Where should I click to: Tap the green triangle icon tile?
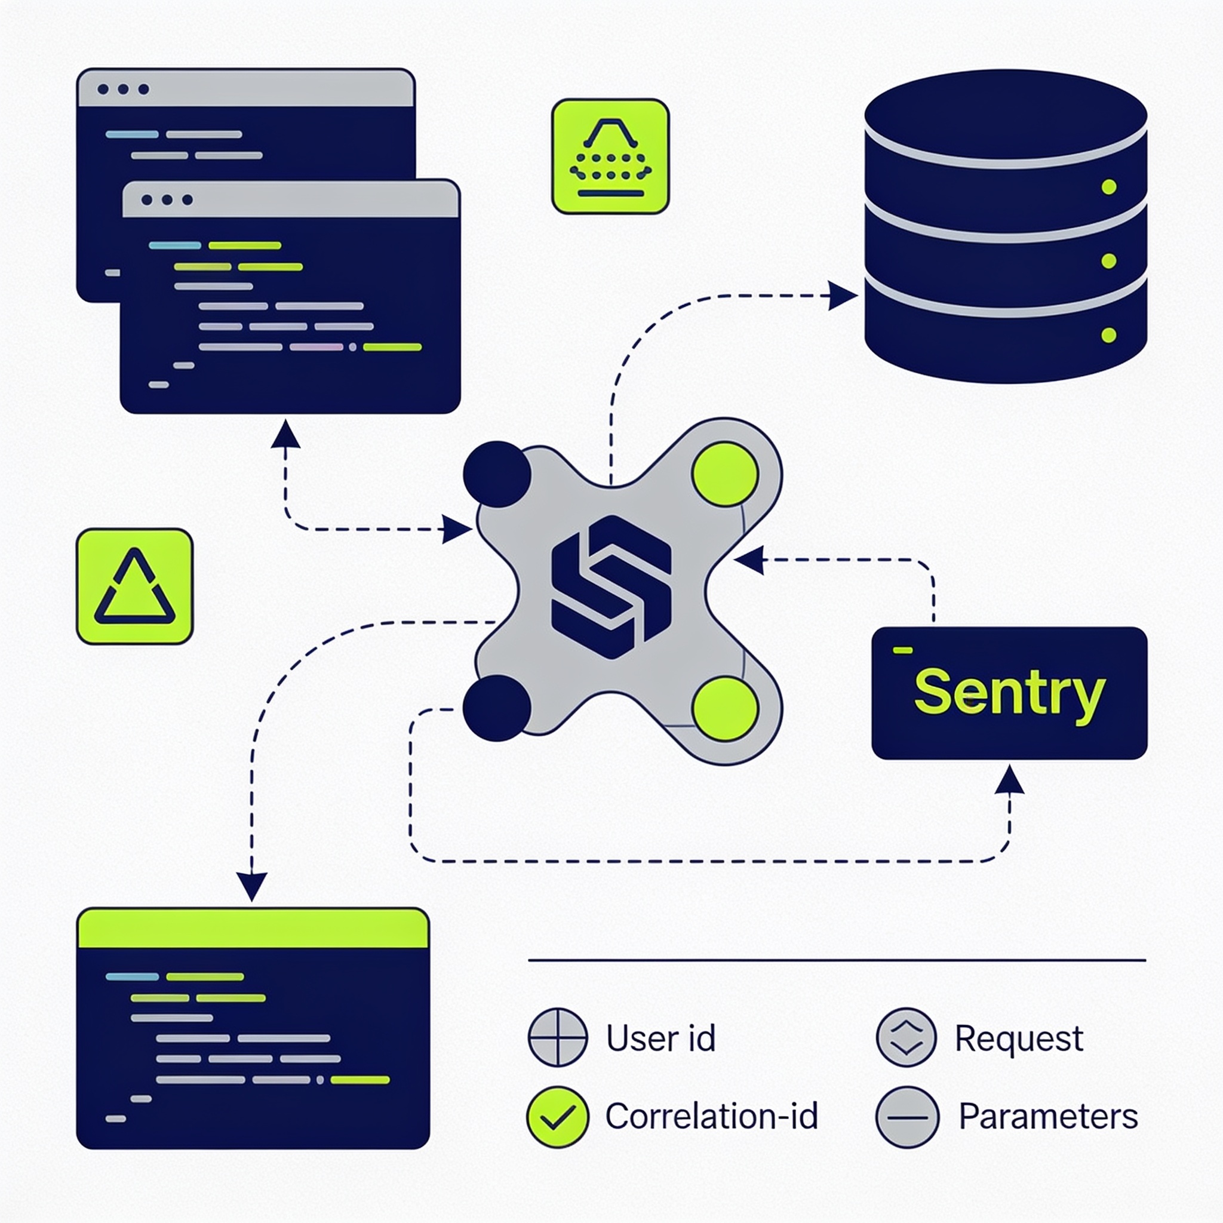(135, 586)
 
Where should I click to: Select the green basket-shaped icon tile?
(610, 156)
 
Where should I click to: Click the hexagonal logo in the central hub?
(611, 587)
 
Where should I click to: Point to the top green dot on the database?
(1108, 187)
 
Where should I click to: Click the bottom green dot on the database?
(1108, 335)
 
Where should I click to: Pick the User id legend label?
(661, 1038)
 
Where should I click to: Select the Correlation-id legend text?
(711, 1116)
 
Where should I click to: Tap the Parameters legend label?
(1048, 1116)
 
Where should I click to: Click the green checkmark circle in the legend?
(558, 1117)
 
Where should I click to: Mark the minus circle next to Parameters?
(907, 1117)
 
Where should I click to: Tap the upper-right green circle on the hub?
(726, 474)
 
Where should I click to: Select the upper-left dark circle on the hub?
(497, 474)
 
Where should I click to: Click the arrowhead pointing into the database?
(843, 296)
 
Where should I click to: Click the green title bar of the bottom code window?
(253, 928)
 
